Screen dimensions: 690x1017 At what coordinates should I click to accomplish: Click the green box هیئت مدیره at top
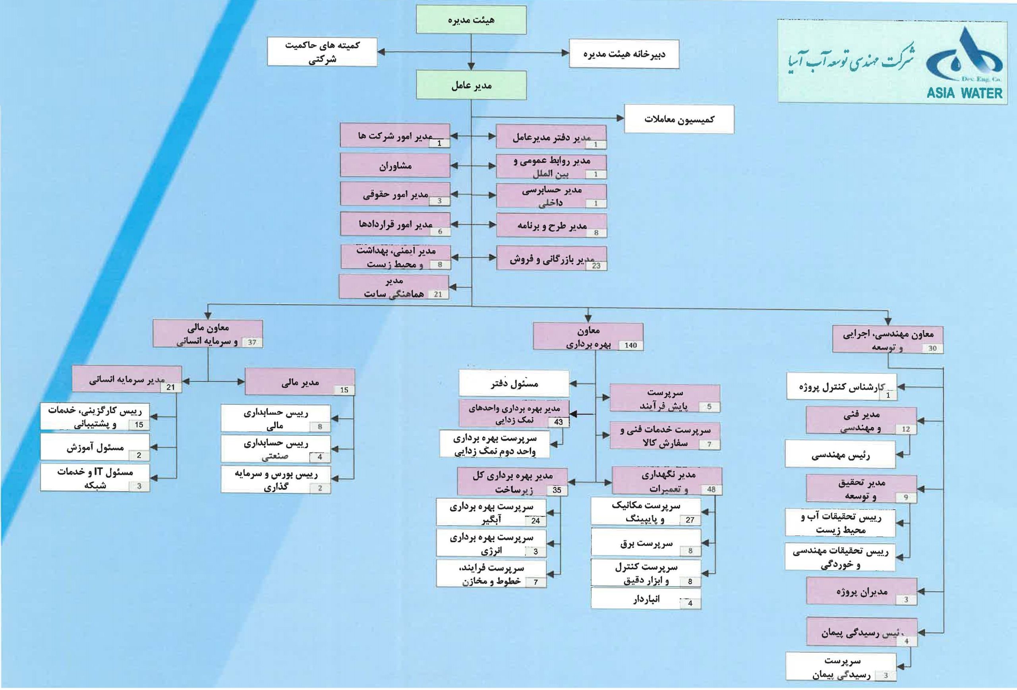pos(471,20)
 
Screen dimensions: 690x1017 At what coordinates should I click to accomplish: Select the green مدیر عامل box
pos(471,85)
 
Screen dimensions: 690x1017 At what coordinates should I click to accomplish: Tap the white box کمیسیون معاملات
pos(679,119)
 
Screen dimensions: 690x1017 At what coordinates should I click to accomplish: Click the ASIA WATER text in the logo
pos(964,93)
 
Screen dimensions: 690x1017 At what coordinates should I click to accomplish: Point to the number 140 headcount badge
pos(630,345)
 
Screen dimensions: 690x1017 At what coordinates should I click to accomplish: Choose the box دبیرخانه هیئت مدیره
pos(624,54)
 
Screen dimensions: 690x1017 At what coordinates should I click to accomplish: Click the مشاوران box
pos(395,166)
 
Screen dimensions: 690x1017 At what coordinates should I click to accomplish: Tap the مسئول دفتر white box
pos(514,383)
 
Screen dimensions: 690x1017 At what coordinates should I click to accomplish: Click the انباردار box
pos(646,599)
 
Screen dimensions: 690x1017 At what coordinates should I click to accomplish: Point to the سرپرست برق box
pos(646,543)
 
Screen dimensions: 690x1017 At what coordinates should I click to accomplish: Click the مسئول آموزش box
pos(95,447)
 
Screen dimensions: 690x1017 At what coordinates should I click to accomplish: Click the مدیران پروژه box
pos(861,591)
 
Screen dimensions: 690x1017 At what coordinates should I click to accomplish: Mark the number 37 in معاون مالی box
pos(251,342)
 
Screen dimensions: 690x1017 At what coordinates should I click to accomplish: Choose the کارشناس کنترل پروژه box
pos(841,387)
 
